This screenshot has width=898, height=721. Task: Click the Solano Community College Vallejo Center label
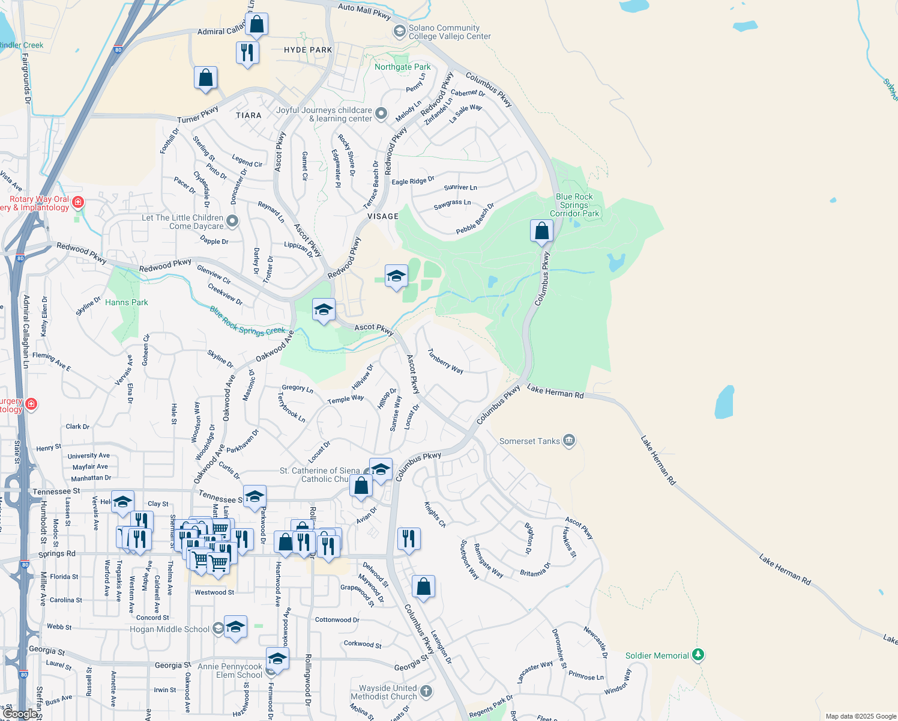(449, 32)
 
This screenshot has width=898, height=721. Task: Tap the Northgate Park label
(402, 67)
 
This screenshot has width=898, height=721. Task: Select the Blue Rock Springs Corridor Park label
(574, 205)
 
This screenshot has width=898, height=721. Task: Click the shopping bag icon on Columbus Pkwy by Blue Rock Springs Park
(541, 231)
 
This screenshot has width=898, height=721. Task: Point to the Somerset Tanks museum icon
(569, 441)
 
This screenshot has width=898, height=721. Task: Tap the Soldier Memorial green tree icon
(698, 655)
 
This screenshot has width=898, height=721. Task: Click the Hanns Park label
(126, 302)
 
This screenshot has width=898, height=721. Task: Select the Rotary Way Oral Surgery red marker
(78, 202)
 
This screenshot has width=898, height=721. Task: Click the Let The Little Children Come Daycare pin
(232, 221)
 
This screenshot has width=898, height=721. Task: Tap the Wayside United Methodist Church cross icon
(426, 691)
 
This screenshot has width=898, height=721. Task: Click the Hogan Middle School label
(170, 630)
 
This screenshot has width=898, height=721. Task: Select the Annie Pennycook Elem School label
(230, 671)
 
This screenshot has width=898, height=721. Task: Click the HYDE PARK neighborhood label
(308, 50)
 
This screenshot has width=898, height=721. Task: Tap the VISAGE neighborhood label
(382, 216)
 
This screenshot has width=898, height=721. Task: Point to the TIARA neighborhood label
(249, 115)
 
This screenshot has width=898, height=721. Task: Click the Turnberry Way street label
(445, 361)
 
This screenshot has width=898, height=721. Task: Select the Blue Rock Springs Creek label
(247, 322)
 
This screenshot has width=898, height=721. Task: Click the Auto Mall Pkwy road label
(364, 10)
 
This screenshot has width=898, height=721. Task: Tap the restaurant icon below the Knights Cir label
(409, 539)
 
